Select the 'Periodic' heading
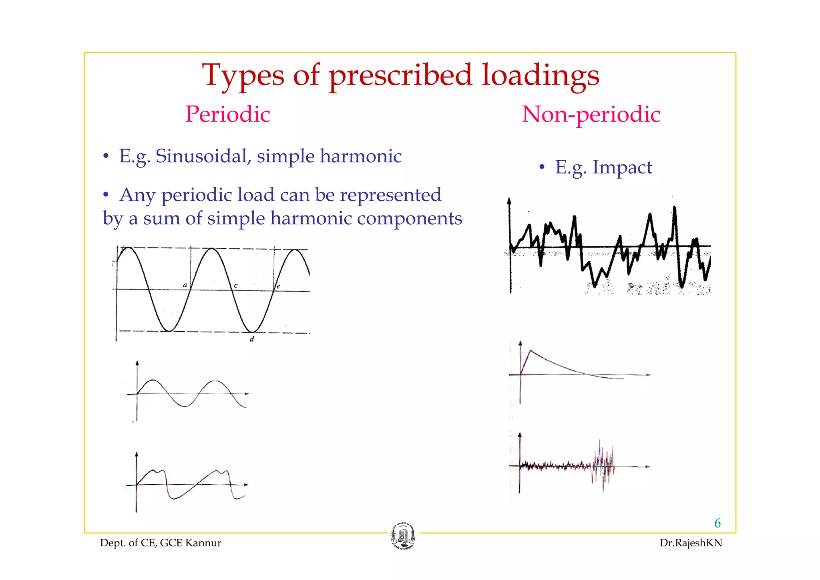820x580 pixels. [x=227, y=114]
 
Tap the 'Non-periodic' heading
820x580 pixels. [x=591, y=114]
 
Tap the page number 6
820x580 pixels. [x=717, y=523]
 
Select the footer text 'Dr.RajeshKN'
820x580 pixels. [x=691, y=543]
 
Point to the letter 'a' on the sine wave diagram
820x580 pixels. [x=185, y=285]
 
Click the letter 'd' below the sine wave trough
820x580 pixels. [x=252, y=339]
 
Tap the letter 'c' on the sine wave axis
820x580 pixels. [x=236, y=286]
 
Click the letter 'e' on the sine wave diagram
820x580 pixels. [x=278, y=286]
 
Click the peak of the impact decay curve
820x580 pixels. [x=531, y=351]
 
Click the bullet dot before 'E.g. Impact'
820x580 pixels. [x=541, y=167]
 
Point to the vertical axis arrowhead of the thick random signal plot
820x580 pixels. [x=509, y=200]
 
